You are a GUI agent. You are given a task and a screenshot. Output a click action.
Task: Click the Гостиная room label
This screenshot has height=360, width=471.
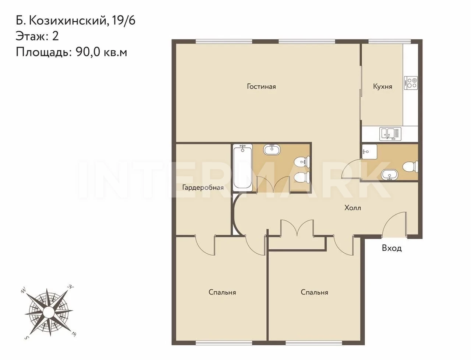261,87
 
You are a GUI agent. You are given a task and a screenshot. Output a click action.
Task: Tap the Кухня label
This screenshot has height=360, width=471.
383,87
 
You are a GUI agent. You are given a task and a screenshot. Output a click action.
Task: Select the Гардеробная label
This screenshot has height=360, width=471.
203,188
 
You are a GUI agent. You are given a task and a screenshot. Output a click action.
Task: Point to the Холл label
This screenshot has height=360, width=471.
353,208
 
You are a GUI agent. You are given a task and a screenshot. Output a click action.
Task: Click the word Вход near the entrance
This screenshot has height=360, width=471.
392,248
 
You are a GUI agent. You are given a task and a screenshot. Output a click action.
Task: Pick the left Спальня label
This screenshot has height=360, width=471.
222,292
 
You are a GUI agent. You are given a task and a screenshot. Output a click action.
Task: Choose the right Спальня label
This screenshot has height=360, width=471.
314,292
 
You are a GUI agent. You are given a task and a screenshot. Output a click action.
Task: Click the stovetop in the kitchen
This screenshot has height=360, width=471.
411,83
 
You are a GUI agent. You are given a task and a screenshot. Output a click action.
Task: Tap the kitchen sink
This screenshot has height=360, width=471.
390,134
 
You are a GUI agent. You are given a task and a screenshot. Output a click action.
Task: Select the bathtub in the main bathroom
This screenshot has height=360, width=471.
243,168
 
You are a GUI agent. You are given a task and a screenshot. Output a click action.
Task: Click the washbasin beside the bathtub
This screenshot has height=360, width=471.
272,149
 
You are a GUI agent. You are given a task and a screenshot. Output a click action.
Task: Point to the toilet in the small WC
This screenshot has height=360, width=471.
411,167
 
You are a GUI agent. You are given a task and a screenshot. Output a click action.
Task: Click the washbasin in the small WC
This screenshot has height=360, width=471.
389,175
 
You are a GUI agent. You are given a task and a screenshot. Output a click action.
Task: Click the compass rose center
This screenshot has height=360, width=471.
49,311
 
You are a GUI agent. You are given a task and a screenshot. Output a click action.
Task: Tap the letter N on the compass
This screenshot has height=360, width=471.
71,287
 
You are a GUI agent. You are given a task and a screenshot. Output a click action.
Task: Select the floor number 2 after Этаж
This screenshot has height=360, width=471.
55,36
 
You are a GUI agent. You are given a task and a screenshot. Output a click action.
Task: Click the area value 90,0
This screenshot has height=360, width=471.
88,52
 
